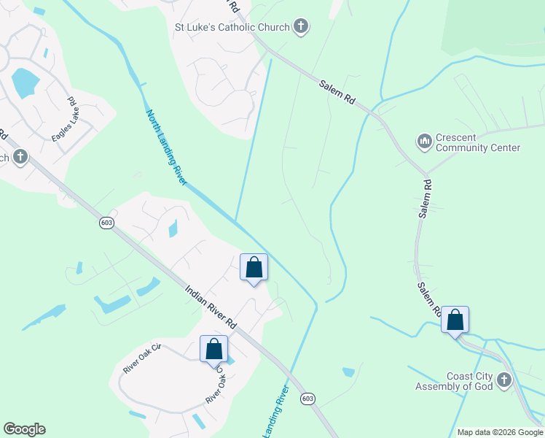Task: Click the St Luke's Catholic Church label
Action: [231, 28]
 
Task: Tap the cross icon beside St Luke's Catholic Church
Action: [300, 27]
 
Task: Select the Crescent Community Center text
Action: [477, 142]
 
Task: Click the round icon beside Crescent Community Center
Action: [424, 142]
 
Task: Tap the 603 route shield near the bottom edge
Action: [307, 398]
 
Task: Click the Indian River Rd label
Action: [211, 307]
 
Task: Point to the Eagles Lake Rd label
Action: [64, 120]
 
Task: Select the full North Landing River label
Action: [167, 147]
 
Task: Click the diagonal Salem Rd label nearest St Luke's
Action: [337, 94]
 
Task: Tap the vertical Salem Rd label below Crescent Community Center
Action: [426, 196]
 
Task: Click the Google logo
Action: [24, 429]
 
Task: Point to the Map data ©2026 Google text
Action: [500, 432]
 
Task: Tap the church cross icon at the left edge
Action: [20, 156]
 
